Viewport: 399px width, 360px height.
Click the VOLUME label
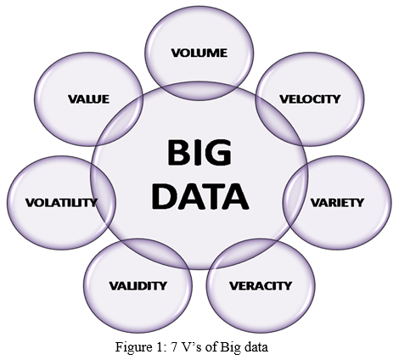click(199, 53)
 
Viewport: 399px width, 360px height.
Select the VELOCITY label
click(310, 99)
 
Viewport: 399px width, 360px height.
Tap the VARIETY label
click(337, 203)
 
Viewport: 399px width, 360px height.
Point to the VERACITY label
click(261, 286)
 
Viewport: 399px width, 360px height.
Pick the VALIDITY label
click(138, 286)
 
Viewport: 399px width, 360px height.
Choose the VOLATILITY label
click(61, 203)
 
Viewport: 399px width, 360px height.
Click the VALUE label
click(88, 99)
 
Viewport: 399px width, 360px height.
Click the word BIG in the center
click(199, 153)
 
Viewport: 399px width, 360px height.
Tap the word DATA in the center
click(200, 196)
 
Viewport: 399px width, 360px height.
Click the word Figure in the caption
click(131, 347)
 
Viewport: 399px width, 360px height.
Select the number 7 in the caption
click(174, 347)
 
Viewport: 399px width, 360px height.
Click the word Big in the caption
click(229, 347)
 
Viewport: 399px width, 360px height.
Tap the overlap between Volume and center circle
click(199, 91)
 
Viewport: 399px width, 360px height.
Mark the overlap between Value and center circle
click(121, 119)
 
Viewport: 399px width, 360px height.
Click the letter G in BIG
click(219, 153)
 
